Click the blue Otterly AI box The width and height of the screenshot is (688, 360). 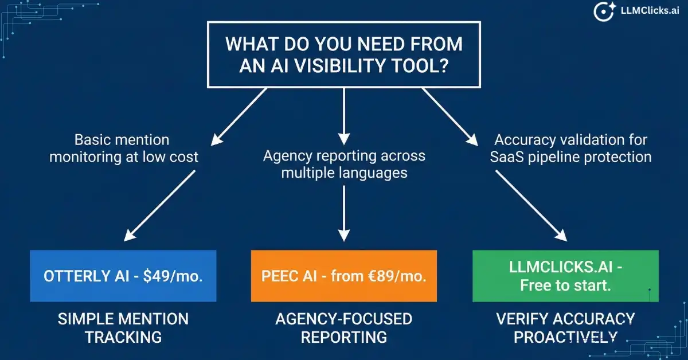(123, 276)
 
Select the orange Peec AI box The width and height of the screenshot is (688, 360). (343, 276)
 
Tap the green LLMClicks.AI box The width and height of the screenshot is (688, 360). (565, 276)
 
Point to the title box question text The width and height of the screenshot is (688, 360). (343, 54)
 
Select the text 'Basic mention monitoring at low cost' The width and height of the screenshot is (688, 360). (123, 147)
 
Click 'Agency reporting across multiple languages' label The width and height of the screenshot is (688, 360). (343, 163)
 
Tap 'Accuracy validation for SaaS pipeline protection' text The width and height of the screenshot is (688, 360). (571, 147)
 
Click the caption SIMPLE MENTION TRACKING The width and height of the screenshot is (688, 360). (123, 328)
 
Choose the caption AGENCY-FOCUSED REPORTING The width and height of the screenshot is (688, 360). (343, 328)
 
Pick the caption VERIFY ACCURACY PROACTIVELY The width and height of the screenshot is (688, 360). (565, 328)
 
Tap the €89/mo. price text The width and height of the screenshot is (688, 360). (398, 276)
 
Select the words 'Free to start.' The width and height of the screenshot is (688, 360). (565, 285)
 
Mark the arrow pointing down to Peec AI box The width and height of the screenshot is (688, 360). (343, 212)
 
